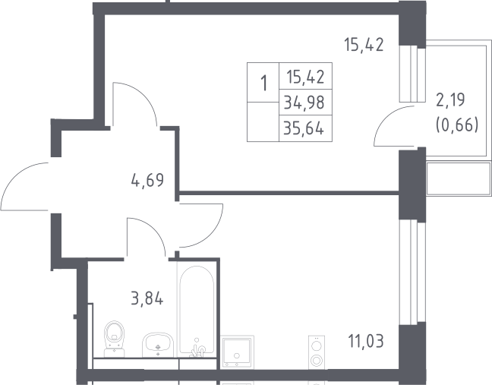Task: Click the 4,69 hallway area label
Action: (147, 180)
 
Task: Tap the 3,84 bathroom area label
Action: (147, 298)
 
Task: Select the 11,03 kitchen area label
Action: (366, 341)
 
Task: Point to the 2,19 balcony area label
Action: (450, 100)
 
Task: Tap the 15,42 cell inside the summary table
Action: (305, 77)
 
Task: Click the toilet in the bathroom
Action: (114, 339)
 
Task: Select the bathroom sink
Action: (158, 345)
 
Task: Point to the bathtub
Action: (197, 311)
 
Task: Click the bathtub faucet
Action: (198, 349)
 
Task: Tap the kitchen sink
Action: (237, 352)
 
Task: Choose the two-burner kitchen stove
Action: (317, 352)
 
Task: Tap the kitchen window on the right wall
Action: (412, 272)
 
